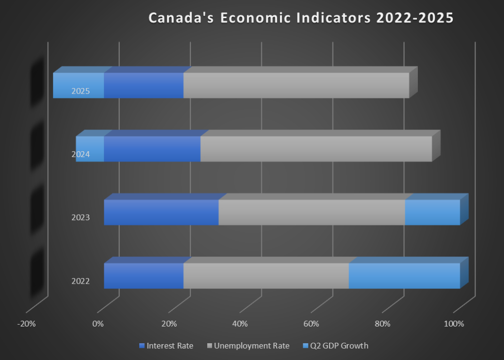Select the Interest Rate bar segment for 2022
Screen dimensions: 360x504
tap(143, 276)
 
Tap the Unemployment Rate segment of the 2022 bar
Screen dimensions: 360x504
tap(266, 276)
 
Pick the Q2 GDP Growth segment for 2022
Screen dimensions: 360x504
tap(404, 276)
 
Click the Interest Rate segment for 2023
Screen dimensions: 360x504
tap(161, 212)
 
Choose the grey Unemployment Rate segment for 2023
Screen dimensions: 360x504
tap(312, 212)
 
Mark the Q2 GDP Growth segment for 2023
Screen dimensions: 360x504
tap(432, 212)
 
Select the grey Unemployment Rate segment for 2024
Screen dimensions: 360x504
tap(316, 149)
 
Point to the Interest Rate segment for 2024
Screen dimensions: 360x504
tap(152, 149)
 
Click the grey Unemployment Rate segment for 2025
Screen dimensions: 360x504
tap(296, 85)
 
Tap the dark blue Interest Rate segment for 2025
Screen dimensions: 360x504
tap(143, 85)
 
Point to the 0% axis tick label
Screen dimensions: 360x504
tap(97, 324)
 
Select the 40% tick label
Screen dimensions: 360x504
tap(240, 324)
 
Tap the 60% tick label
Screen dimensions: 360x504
tap(311, 324)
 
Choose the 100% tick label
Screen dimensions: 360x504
tap(453, 324)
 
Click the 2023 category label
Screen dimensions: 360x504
tap(80, 217)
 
